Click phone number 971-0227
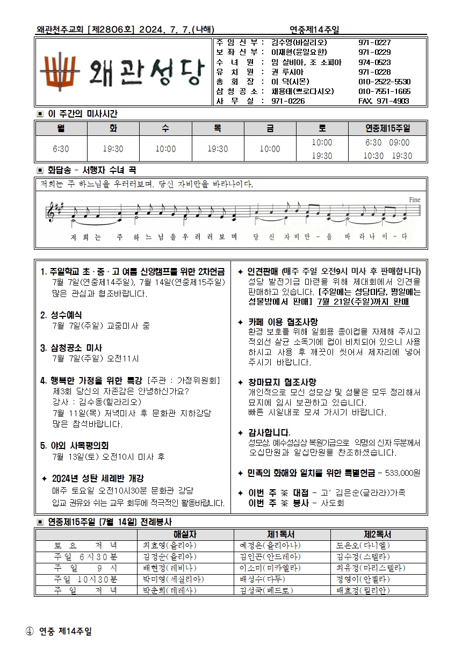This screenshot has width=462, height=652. [x=374, y=42]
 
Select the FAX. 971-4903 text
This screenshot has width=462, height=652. [x=384, y=100]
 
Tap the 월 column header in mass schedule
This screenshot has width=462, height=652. [x=61, y=129]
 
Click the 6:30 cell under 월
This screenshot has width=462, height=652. [x=61, y=149]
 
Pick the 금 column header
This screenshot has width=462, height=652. [x=269, y=129]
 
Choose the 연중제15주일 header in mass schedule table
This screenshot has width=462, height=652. [x=387, y=129]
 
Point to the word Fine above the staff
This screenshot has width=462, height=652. [x=414, y=199]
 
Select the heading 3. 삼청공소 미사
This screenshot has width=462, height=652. [x=71, y=348]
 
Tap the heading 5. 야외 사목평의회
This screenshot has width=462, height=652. [x=75, y=445]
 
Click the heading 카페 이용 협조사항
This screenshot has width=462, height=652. [x=282, y=322]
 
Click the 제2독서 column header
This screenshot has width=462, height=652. [x=378, y=535]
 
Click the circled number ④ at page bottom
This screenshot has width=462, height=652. [x=30, y=632]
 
